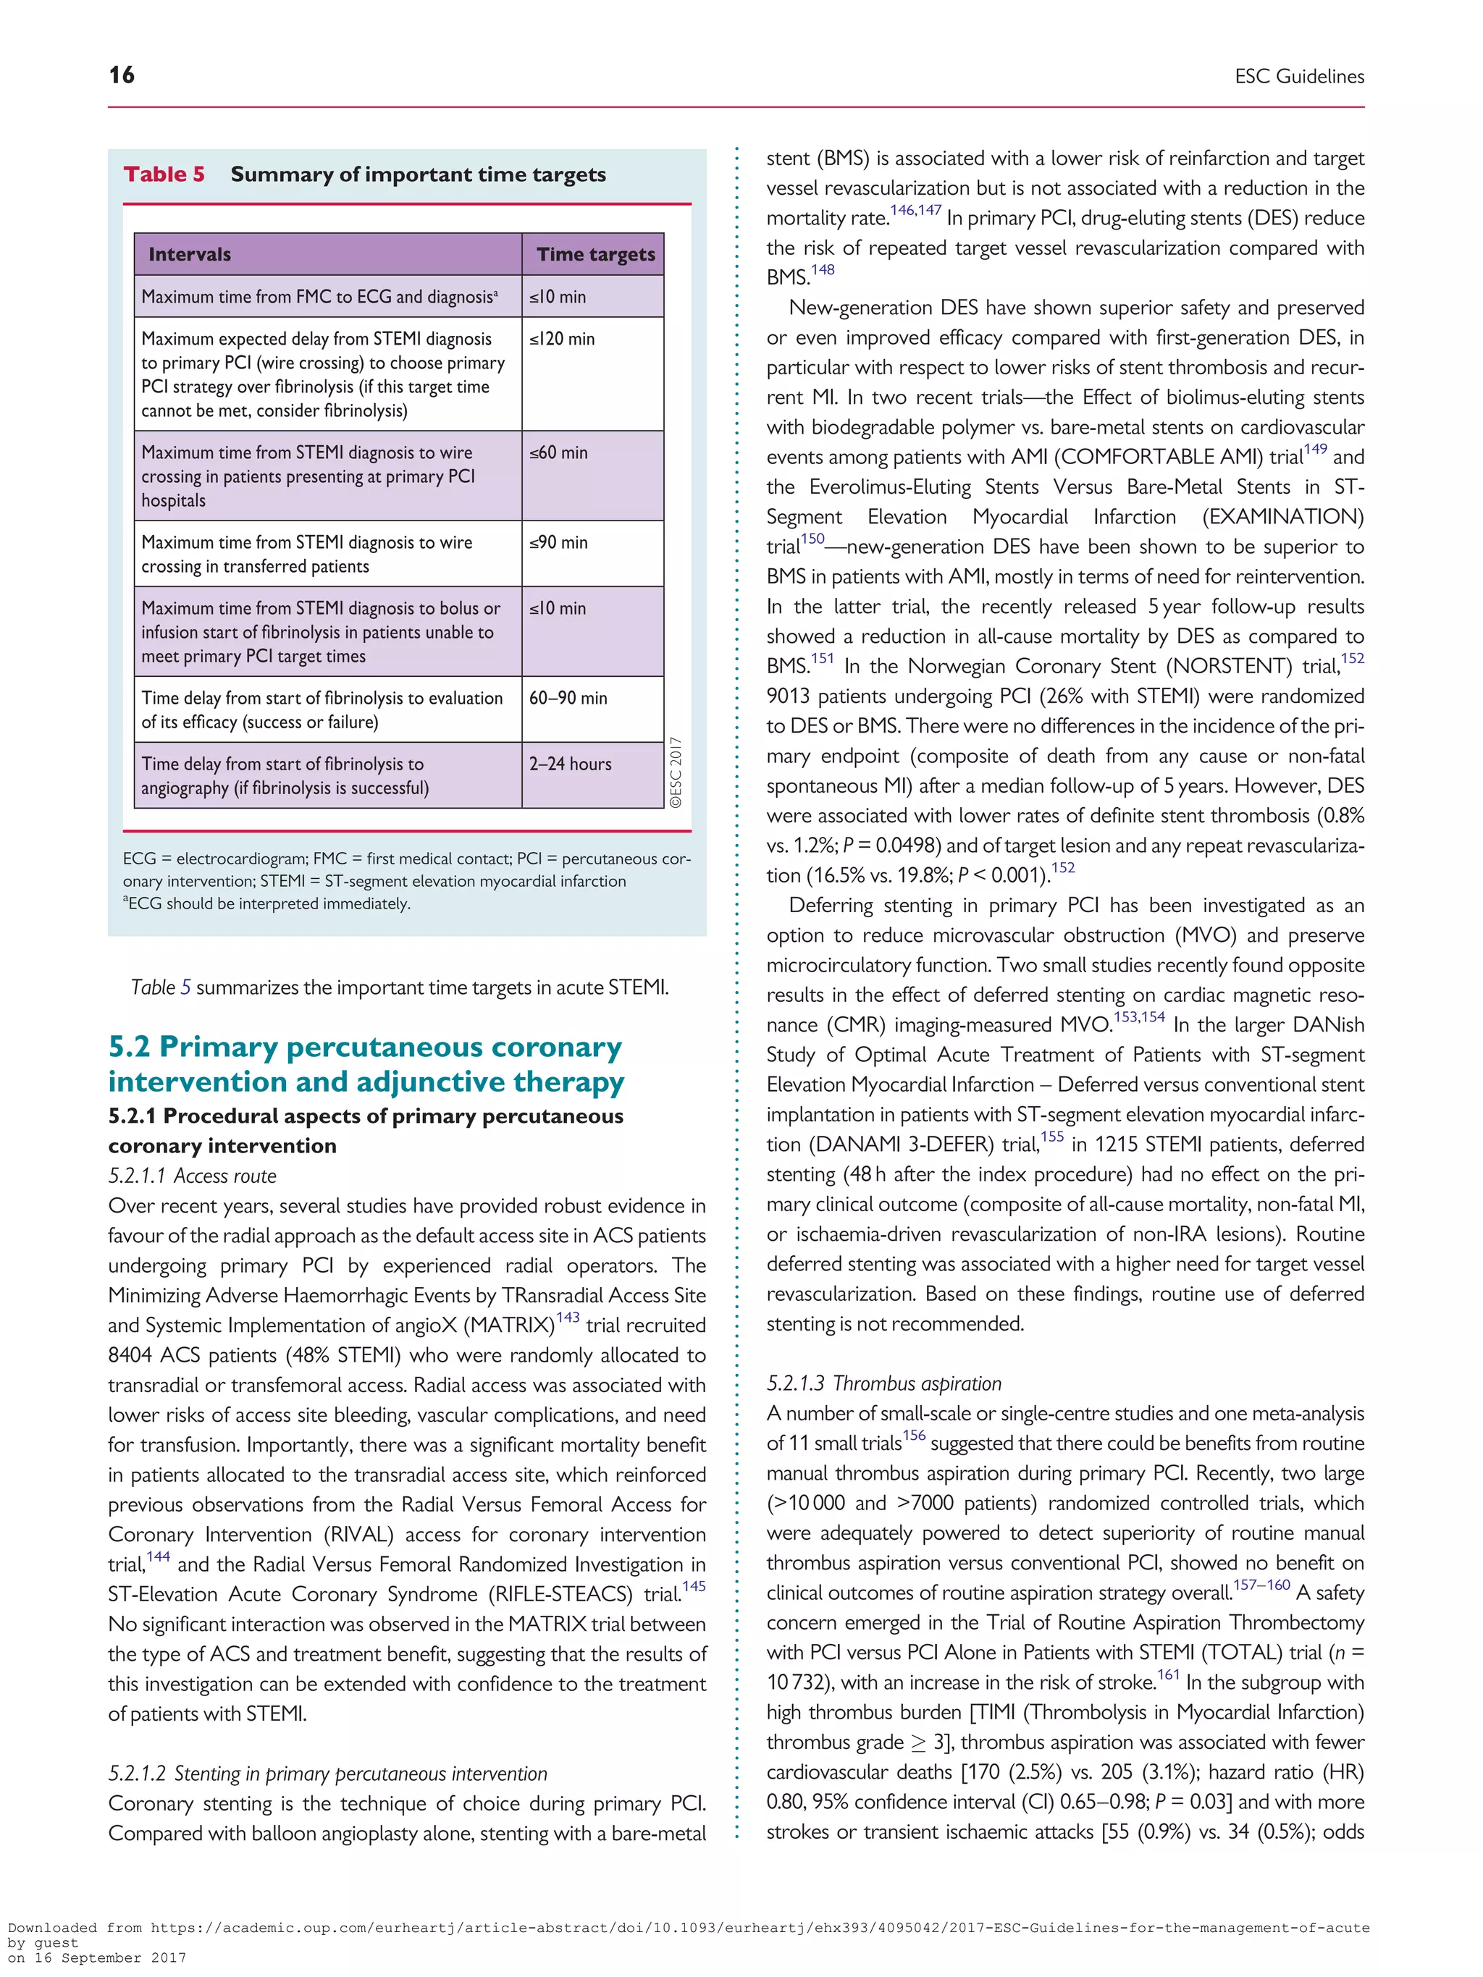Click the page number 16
pos(122,75)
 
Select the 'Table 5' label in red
pos(164,174)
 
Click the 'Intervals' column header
pos(190,255)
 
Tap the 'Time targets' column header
pos(595,255)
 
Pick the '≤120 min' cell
pos(561,340)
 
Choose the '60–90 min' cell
pos(568,698)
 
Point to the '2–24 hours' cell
pos(571,764)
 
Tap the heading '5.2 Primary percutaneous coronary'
pos(365,1047)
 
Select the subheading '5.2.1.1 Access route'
pos(192,1176)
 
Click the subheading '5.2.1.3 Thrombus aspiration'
pos(883,1383)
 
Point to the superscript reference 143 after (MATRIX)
pos(568,1318)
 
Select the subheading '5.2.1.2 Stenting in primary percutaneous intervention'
pos(327,1774)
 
